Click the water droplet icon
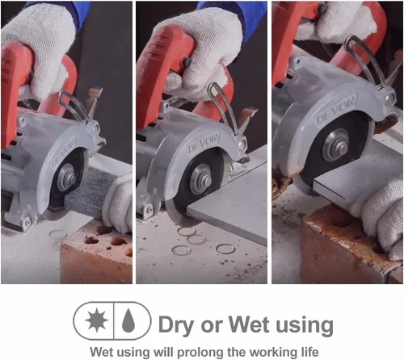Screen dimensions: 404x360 (x=128, y=320)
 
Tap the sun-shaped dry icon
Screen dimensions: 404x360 (x=97, y=320)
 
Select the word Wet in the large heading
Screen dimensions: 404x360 (x=249, y=324)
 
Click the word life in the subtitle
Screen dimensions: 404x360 (x=309, y=351)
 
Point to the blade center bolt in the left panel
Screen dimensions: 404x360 (x=69, y=178)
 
